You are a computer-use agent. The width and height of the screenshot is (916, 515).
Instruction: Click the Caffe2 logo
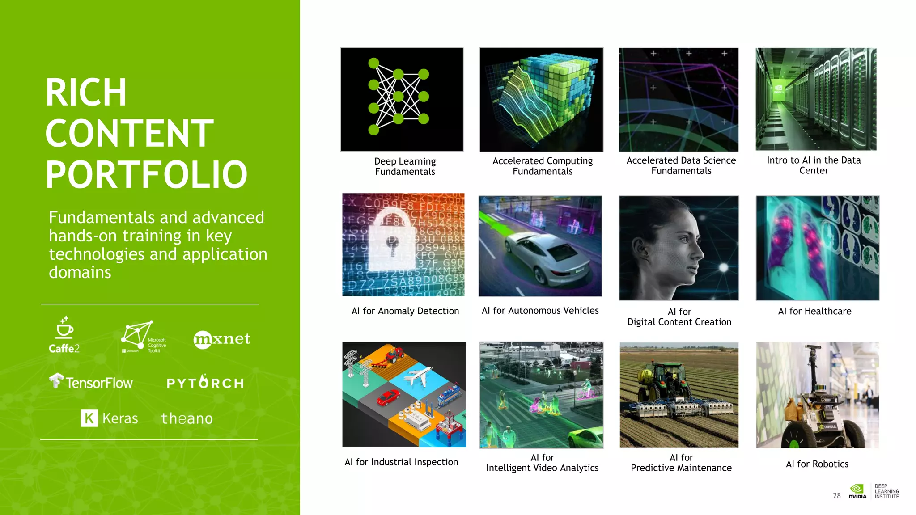point(64,335)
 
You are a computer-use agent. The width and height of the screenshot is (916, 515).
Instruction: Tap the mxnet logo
point(222,339)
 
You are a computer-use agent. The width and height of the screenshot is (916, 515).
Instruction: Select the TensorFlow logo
point(91,382)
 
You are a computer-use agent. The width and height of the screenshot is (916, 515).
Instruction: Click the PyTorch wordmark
point(205,383)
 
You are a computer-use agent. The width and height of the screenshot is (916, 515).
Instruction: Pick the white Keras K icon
point(89,418)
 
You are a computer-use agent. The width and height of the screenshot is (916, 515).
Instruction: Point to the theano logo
point(187,418)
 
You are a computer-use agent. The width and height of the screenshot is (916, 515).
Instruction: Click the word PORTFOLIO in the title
point(146,175)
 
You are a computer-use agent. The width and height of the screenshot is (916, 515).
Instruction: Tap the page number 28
point(836,495)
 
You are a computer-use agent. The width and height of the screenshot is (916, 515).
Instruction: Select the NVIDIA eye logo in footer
point(857,489)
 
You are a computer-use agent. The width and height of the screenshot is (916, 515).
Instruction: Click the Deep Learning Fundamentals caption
point(405,166)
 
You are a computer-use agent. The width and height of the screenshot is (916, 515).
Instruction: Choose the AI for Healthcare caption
point(814,311)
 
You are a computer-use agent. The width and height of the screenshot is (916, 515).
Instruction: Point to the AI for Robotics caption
point(817,464)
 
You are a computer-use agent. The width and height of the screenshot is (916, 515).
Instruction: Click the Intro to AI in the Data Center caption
point(814,165)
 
